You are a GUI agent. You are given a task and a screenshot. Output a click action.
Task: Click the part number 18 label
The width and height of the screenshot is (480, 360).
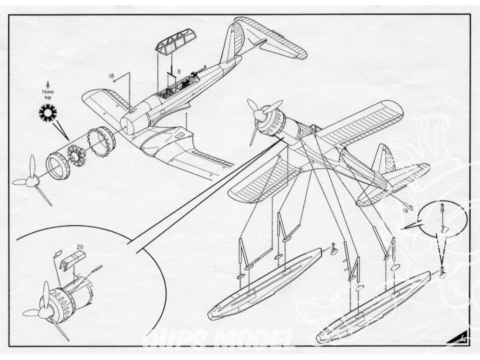click(111, 75)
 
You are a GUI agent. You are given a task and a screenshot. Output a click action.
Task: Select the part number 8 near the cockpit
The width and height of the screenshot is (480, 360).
click(179, 72)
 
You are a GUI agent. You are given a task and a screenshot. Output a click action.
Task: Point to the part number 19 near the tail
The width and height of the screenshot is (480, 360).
click(405, 210)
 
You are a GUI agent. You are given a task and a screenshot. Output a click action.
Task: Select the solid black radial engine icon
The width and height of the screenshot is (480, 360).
click(48, 113)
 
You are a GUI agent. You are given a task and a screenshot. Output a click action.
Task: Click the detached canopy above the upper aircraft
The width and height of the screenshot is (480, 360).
click(175, 41)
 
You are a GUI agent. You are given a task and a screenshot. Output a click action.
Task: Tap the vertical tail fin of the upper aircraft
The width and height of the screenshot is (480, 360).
click(233, 41)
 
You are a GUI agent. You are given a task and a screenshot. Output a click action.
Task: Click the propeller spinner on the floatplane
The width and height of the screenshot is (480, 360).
click(260, 115)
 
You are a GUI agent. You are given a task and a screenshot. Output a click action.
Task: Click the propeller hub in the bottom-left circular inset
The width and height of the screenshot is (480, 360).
click(47, 312)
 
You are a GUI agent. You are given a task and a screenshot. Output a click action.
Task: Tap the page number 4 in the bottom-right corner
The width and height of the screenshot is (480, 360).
click(464, 339)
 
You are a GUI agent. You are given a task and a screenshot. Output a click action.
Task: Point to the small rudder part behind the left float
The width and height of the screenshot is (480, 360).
click(334, 250)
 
